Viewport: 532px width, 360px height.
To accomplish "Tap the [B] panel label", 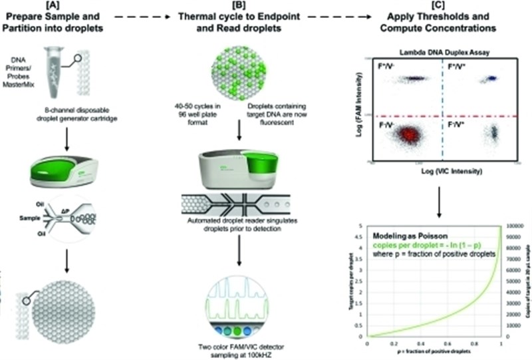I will [x=246, y=7].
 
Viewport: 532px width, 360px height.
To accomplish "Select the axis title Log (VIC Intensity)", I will [x=440, y=172].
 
